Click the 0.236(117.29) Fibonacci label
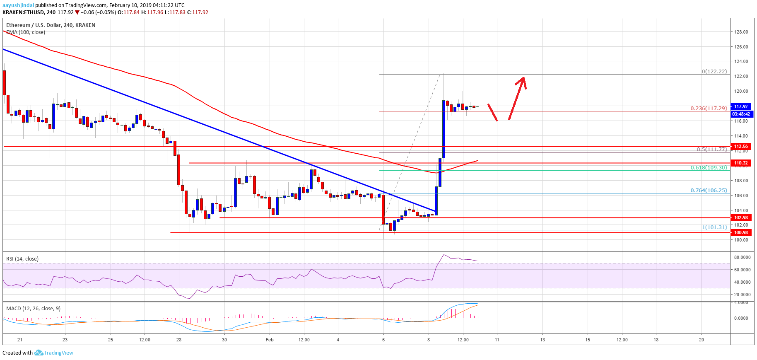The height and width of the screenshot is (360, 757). (x=709, y=108)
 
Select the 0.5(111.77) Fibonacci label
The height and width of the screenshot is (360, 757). (x=711, y=149)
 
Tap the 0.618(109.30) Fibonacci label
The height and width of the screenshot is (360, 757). (x=709, y=168)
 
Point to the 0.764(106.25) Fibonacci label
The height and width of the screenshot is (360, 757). (x=709, y=190)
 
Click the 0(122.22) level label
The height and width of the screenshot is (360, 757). (x=714, y=71)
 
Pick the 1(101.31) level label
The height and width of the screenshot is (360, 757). (x=714, y=227)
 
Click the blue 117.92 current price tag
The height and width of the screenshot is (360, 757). (x=741, y=106)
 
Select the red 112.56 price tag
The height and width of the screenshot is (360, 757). (x=741, y=146)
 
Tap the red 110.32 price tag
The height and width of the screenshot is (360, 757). (x=741, y=163)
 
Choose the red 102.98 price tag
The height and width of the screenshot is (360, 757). (x=741, y=217)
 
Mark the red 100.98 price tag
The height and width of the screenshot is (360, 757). (x=741, y=232)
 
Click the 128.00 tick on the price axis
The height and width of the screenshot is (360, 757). (x=741, y=32)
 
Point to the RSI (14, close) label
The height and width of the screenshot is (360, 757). (x=22, y=259)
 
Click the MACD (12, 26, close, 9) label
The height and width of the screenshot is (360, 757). (x=33, y=308)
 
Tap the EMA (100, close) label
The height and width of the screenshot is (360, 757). (x=26, y=32)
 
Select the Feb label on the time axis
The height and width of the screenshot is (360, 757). (x=270, y=340)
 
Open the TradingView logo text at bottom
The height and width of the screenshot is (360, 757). (x=58, y=353)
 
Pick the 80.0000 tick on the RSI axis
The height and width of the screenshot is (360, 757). (x=742, y=257)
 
